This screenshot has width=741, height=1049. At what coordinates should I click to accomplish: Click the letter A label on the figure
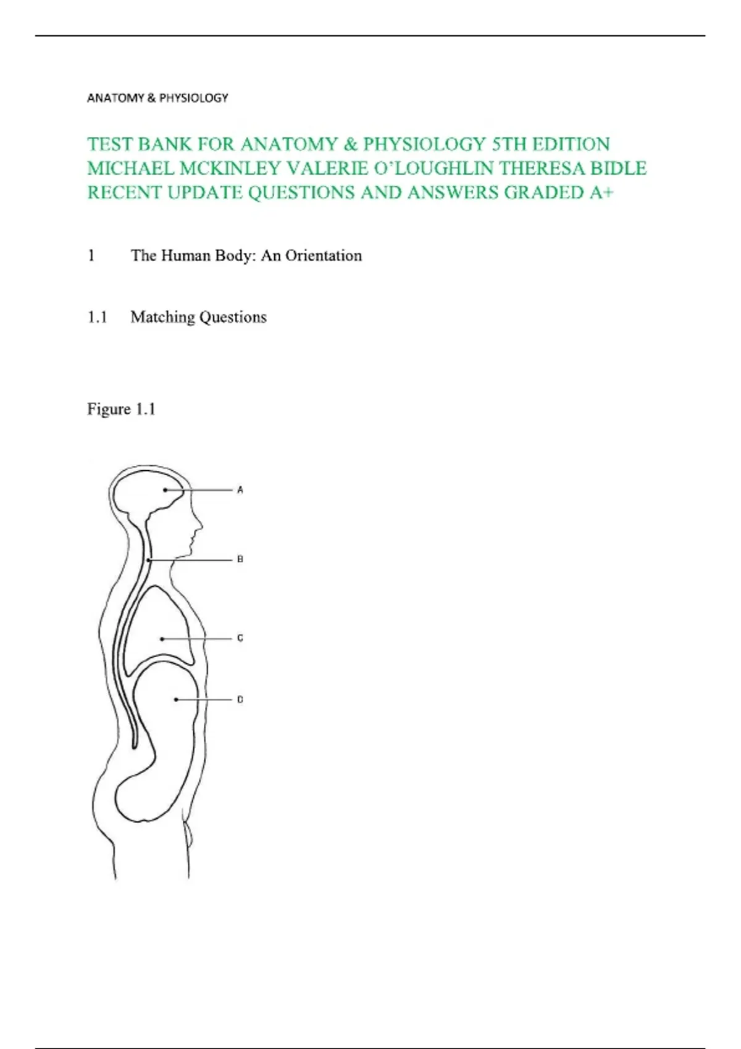coord(240,490)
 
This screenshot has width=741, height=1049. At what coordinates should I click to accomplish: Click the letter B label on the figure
coord(240,559)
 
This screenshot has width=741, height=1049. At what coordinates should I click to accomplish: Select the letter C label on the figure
coord(240,638)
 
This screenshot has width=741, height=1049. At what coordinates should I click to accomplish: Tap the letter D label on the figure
coord(240,700)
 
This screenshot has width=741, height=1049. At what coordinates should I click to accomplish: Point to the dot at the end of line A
coord(165,490)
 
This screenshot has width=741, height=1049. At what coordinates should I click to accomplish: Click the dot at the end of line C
coord(162,639)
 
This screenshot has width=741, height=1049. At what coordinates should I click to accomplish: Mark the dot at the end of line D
coord(176,700)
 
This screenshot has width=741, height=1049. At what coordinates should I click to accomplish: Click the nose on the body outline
coord(199,525)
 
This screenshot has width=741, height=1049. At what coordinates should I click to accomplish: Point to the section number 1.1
coord(97,317)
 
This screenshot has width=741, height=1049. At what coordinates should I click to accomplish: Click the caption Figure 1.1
coord(121,409)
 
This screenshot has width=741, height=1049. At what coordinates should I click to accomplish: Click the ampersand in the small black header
coord(151,97)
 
